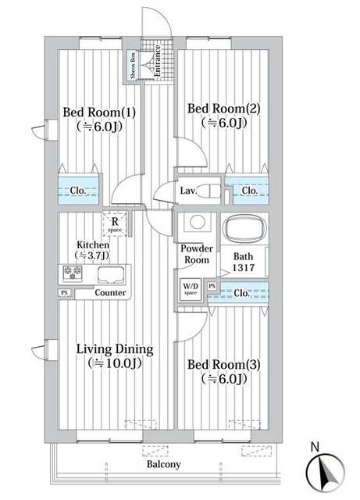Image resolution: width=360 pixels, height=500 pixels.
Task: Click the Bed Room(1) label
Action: [x=99, y=112]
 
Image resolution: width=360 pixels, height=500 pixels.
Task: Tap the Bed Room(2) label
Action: [x=224, y=109]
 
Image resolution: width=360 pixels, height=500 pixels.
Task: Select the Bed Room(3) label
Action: [x=224, y=365]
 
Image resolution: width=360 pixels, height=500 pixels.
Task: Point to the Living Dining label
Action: [x=115, y=349]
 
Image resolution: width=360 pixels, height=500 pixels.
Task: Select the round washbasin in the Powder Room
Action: [x=198, y=221]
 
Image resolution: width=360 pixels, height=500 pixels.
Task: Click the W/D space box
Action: [x=191, y=290]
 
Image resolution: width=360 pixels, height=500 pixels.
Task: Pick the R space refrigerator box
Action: [x=115, y=224]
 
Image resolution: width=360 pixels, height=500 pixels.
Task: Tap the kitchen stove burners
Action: [x=73, y=273]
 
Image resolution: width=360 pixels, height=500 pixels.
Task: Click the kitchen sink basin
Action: [x=111, y=275]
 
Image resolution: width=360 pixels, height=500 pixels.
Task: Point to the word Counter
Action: [x=110, y=292]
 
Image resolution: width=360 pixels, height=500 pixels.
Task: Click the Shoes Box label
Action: [x=133, y=66]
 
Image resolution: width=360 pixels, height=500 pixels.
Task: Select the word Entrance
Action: [x=157, y=61]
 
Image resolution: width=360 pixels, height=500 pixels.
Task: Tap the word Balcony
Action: [x=163, y=464]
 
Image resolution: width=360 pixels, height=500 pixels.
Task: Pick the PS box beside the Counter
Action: [x=65, y=292]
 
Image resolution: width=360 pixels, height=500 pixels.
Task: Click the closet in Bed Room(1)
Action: [x=78, y=191]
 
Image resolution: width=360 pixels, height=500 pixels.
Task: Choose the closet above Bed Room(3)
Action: [x=238, y=293]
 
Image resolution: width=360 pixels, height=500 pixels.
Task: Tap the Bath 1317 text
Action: [x=244, y=262]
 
